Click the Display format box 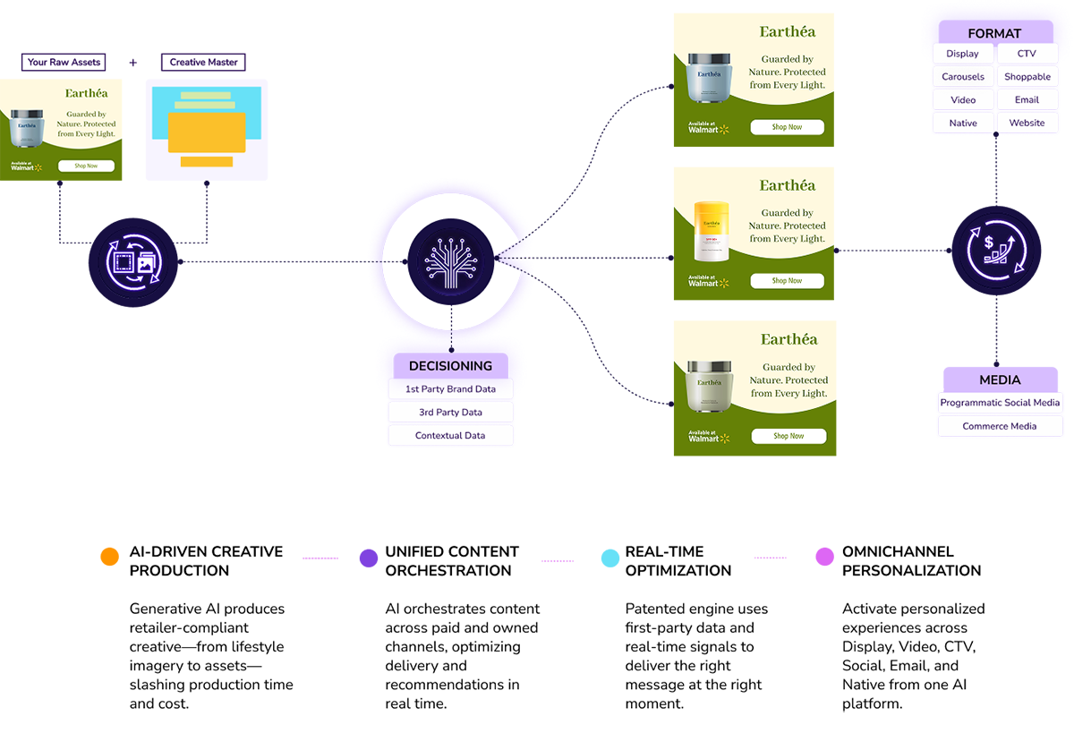tap(963, 54)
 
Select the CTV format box tap(1027, 54)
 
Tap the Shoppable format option tap(1027, 77)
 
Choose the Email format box tap(1027, 100)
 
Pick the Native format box tap(963, 124)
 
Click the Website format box tap(1027, 124)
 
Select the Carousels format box tap(963, 77)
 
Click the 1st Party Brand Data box tap(450, 389)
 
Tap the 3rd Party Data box tap(450, 413)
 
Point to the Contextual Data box tap(450, 436)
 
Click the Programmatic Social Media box tap(1000, 403)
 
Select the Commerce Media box tap(1000, 426)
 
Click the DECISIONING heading tap(450, 365)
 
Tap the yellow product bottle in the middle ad tap(712, 231)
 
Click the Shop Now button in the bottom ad tap(787, 436)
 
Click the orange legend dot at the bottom tap(109, 560)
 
